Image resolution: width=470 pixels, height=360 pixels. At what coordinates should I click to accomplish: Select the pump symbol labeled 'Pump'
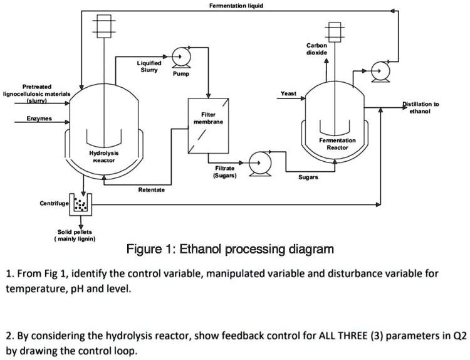[179, 56]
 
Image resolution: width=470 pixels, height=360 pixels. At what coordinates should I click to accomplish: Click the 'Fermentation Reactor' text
[338, 144]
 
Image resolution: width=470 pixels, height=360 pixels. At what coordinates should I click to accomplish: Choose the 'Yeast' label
[288, 93]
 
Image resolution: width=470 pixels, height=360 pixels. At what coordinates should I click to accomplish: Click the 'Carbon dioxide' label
[316, 50]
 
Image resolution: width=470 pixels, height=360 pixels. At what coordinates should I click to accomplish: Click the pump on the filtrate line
[257, 161]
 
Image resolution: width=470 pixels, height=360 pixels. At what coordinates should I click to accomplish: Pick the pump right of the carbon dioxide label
[380, 71]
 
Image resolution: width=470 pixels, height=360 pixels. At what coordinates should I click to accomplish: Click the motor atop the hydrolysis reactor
[104, 26]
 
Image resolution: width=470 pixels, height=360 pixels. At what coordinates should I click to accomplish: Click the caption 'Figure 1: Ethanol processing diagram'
[230, 250]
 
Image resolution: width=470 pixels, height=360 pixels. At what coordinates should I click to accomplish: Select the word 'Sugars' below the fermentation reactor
[308, 177]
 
